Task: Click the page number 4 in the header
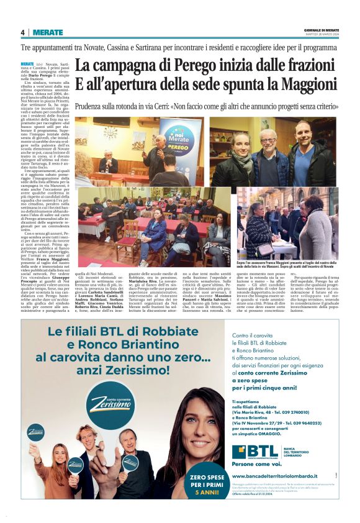(x=22, y=32)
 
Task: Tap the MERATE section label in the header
(x=48, y=32)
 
